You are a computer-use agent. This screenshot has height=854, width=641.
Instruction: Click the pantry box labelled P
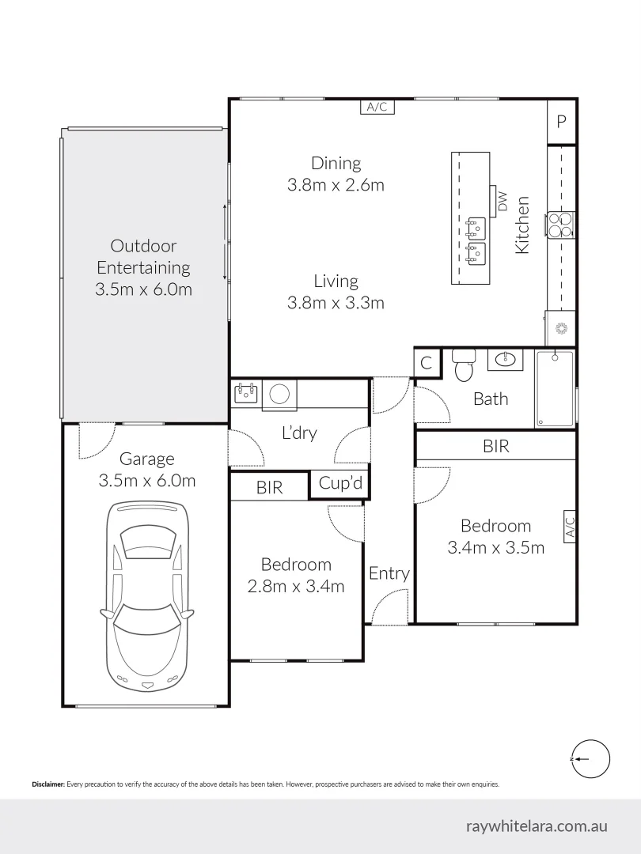tap(562, 122)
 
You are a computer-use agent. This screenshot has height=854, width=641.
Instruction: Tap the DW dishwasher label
tap(503, 202)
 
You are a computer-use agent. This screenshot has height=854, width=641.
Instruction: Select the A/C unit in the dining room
tap(377, 108)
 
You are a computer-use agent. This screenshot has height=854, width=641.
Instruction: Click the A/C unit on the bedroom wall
tap(568, 526)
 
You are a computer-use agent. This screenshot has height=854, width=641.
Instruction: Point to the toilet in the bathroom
tap(464, 366)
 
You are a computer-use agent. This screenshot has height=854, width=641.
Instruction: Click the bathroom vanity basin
tap(505, 361)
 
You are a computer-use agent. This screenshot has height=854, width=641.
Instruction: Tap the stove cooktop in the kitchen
tap(561, 225)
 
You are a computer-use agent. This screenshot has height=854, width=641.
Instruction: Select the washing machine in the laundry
tap(279, 395)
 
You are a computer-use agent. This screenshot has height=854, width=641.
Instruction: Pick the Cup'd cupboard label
tap(340, 483)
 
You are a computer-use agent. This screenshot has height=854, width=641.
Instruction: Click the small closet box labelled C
tap(427, 363)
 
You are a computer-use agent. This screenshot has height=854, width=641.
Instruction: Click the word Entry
tap(389, 573)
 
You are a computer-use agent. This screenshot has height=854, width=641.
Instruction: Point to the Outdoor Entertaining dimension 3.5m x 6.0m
tap(143, 289)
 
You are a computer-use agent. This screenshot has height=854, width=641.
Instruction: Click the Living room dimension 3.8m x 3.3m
tap(336, 302)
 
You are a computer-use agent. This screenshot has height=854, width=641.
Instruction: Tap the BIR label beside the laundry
tap(269, 488)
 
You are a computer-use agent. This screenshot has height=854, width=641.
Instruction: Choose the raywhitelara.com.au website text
tap(537, 826)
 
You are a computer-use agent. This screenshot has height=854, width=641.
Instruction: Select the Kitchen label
tap(522, 225)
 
